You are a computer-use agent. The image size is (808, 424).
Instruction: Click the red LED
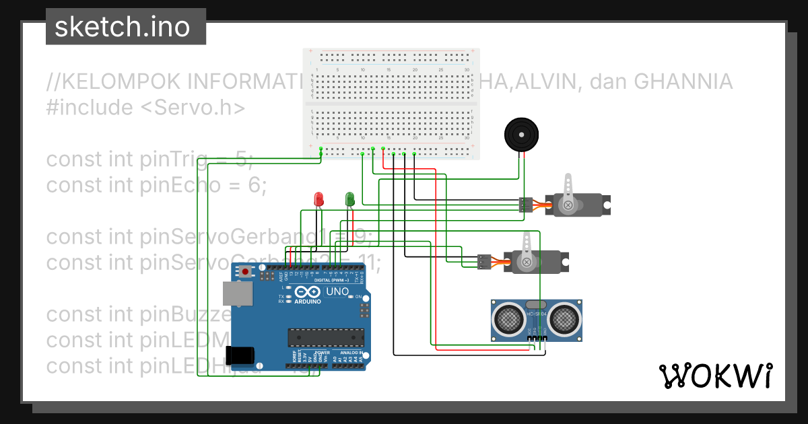[320, 199]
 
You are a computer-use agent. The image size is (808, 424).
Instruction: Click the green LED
[349, 199]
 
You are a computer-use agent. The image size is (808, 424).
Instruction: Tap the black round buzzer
[522, 135]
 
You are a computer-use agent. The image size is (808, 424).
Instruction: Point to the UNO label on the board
[337, 292]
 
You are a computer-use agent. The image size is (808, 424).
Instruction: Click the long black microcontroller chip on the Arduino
[326, 337]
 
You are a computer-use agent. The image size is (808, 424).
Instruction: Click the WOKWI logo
[716, 376]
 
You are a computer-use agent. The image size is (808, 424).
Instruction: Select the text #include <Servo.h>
[145, 108]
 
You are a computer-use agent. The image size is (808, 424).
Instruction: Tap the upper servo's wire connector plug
[526, 205]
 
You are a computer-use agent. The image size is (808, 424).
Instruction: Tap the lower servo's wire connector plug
[484, 261]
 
